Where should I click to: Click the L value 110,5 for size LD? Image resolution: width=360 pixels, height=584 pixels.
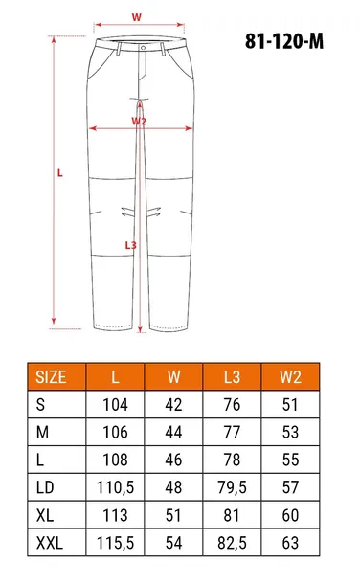[x=115, y=487]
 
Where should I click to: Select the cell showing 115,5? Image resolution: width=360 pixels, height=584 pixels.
[x=115, y=542]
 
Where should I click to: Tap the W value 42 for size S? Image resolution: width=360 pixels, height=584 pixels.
[x=173, y=405]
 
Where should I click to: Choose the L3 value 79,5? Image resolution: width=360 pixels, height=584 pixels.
[x=233, y=487]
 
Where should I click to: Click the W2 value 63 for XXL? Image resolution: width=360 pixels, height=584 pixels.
[x=290, y=542]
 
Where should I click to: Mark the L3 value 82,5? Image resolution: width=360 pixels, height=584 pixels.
[x=233, y=542]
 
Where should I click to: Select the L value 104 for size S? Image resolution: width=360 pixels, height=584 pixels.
[x=115, y=405]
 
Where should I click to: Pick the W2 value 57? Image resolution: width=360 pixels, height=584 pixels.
[x=290, y=487]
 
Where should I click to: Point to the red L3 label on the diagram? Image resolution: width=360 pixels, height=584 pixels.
[x=131, y=245]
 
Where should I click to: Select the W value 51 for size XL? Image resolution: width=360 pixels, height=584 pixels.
[x=173, y=515]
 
